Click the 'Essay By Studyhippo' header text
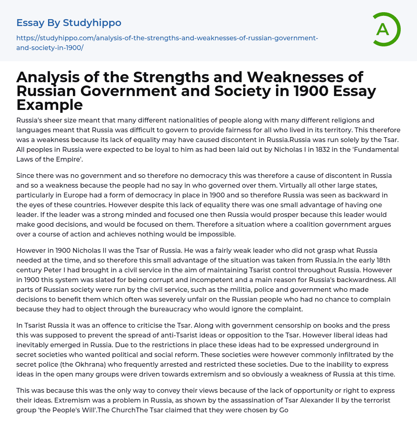[x=69, y=22]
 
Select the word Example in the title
[x=50, y=105]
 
